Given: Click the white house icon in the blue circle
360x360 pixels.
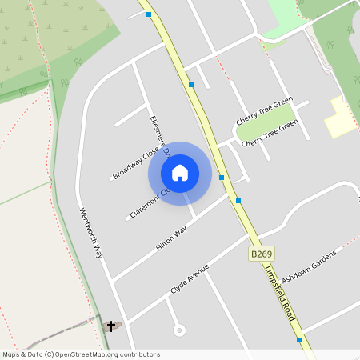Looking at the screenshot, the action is (x=180, y=173).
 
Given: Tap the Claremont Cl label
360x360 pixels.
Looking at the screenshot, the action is (x=150, y=203).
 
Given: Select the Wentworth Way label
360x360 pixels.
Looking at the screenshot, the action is (x=92, y=233).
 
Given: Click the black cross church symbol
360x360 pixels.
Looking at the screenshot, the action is (x=111, y=326).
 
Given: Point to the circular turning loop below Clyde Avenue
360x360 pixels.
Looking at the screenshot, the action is (x=179, y=330).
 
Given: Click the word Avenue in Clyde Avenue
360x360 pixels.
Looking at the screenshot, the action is (x=197, y=274).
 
